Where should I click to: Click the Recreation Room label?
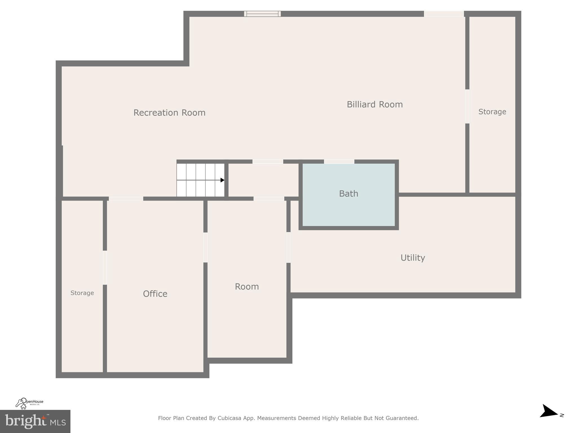(x=169, y=113)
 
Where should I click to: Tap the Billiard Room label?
(x=374, y=105)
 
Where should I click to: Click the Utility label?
(x=412, y=258)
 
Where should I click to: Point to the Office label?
(x=155, y=294)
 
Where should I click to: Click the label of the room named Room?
(x=247, y=286)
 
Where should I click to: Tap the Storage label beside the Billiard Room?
(x=492, y=112)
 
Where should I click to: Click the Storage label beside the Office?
(x=82, y=293)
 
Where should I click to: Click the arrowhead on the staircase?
(x=222, y=180)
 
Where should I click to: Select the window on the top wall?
(x=262, y=14)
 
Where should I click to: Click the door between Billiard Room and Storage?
(x=467, y=106)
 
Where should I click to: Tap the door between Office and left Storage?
(x=105, y=268)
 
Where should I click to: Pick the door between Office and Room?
(x=205, y=247)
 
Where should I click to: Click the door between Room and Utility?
(x=288, y=247)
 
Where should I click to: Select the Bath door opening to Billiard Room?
(x=339, y=162)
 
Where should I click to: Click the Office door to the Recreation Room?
(x=126, y=198)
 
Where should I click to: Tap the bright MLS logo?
(x=35, y=421)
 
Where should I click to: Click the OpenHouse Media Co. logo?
(x=29, y=403)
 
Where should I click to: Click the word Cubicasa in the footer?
(x=229, y=418)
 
